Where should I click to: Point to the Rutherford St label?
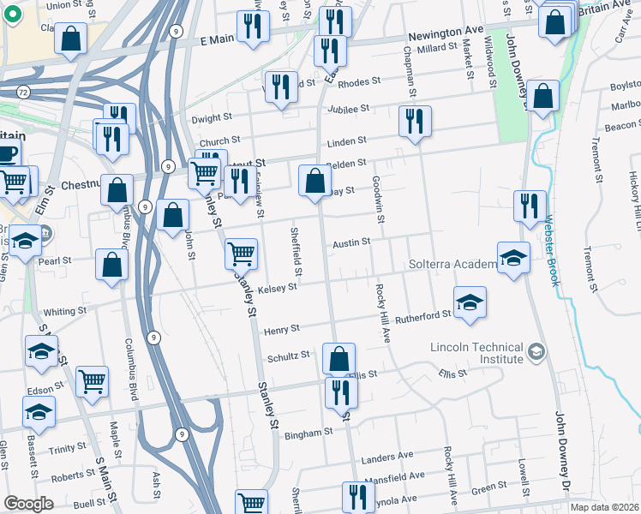[424, 315]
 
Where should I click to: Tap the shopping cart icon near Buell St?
[250, 503]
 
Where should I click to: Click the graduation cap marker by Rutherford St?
[469, 303]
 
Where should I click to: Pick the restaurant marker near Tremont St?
[530, 206]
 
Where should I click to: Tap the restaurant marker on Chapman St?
[414, 122]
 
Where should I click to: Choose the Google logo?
[28, 504]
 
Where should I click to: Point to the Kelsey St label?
[277, 288]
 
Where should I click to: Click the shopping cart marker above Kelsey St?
[241, 253]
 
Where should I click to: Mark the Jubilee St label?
[350, 109]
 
